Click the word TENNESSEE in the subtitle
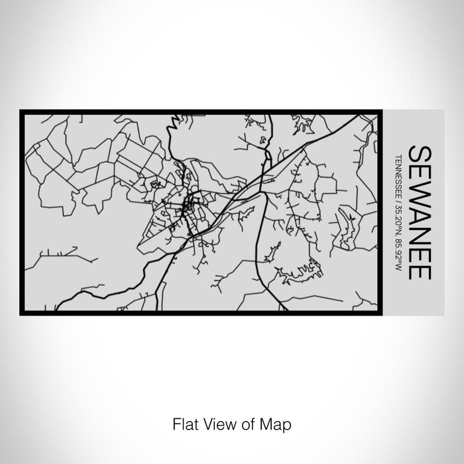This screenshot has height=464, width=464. tap(398, 178)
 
